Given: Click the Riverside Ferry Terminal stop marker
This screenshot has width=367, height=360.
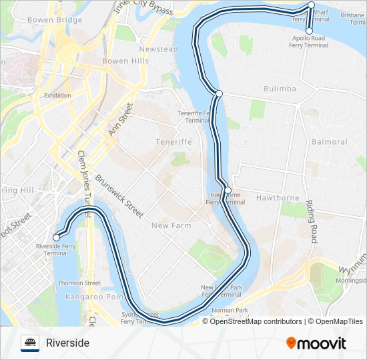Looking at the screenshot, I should click(57, 237).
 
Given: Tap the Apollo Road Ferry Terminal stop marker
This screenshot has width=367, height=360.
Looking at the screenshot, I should click(309, 31).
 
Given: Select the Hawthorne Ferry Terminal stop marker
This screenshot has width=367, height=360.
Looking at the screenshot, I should click(228, 191).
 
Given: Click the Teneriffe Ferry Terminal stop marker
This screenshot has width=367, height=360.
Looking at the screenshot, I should click(219, 93).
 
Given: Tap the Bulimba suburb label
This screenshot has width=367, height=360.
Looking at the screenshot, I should click(280, 89).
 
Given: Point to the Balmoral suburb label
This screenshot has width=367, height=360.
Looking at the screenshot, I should click(329, 142).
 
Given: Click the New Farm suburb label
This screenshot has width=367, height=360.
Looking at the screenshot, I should click(171, 226).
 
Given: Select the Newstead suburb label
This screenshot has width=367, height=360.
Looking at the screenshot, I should click(159, 49).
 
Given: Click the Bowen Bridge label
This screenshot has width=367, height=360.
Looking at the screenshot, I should click(55, 21).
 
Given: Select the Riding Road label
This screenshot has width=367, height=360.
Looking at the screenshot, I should click(311, 221).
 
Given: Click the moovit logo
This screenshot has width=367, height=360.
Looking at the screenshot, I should click(316, 343).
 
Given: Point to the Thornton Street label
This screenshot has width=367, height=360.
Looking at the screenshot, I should click(79, 283).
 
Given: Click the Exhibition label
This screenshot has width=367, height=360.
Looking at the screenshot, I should click(57, 95).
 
